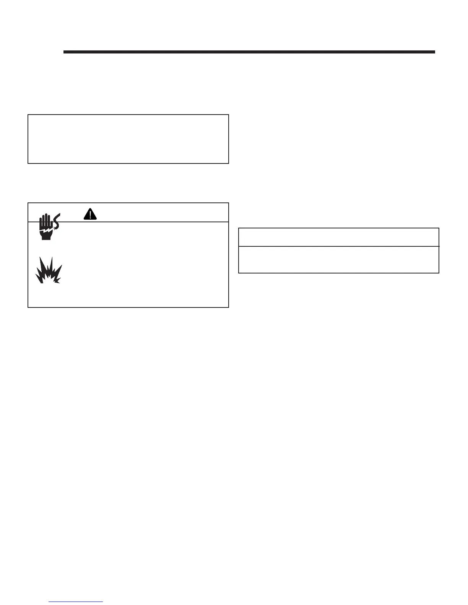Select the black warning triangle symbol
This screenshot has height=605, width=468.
[90, 214]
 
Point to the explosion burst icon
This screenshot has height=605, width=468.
[49, 270]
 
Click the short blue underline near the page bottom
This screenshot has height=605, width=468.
[76, 602]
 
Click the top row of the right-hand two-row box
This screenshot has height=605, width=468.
[338, 237]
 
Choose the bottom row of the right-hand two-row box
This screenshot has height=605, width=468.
[338, 260]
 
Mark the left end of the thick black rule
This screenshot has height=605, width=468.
[64, 52]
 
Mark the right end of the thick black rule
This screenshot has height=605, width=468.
[435, 52]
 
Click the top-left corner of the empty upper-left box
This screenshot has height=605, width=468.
[28, 115]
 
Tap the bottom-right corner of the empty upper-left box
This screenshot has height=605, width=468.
[229, 163]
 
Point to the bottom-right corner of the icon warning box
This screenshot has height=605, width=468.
[229, 307]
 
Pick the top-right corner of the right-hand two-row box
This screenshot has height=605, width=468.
[439, 228]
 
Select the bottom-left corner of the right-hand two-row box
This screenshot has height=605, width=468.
[239, 273]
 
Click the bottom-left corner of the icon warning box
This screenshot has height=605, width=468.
[28, 307]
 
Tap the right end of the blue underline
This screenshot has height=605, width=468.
[103, 602]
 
